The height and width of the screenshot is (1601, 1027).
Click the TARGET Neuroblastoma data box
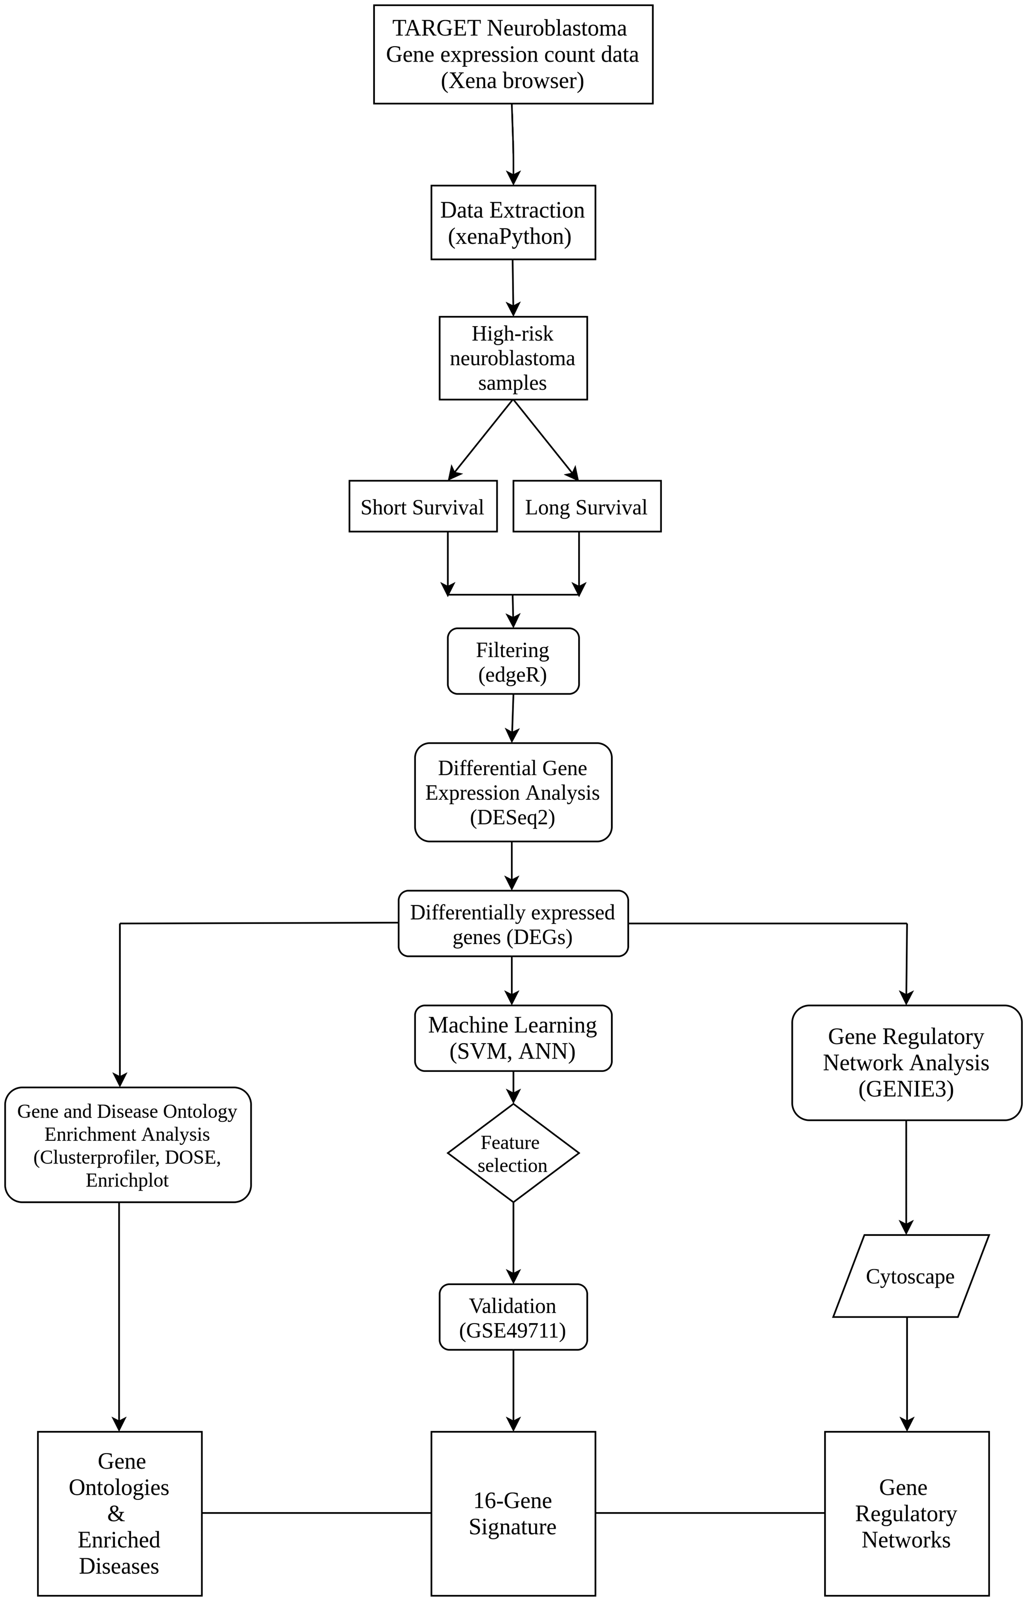coord(513,54)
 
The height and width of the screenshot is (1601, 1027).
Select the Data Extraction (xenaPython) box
coord(513,223)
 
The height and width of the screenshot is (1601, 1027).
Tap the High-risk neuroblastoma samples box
coord(513,358)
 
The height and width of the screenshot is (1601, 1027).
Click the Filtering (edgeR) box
coord(513,661)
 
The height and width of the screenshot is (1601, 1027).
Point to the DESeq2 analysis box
coord(513,793)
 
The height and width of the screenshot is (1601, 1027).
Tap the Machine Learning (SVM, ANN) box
coord(513,1038)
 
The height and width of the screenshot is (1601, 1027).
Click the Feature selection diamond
coord(513,1154)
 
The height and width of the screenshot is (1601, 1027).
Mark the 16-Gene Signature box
coord(513,1514)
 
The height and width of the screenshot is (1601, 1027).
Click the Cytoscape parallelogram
coord(910,1276)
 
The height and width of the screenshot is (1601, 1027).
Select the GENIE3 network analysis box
coord(906,1063)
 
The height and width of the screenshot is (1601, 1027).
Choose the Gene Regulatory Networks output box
coord(906,1514)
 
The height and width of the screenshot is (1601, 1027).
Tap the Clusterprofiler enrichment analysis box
coord(127,1145)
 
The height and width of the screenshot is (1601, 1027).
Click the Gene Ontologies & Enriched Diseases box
coord(119,1514)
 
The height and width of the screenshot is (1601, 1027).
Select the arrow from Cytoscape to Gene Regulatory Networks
coord(906,1374)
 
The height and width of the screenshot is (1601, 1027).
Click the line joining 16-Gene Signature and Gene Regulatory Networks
coord(710,1513)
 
